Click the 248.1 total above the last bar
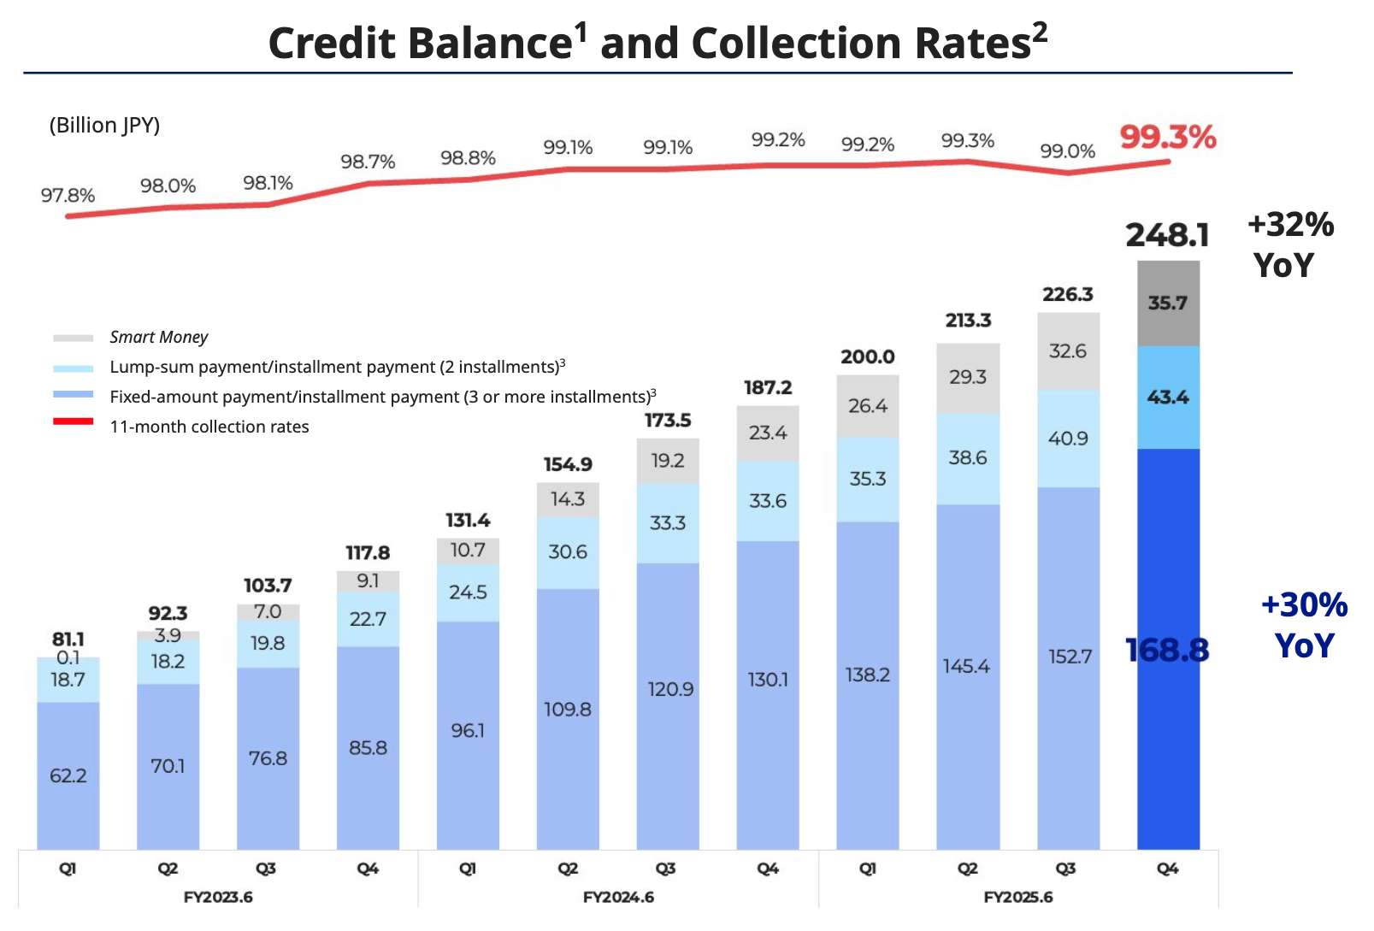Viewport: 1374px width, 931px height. tap(1167, 235)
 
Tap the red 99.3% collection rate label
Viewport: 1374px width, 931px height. tap(1167, 137)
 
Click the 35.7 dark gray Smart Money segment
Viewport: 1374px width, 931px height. tap(1168, 303)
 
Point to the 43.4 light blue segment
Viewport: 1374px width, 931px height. tap(1168, 398)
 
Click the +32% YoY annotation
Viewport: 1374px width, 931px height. tap(1290, 245)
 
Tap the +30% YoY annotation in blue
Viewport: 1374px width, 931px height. tap(1304, 625)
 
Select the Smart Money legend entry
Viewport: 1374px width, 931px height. tap(158, 338)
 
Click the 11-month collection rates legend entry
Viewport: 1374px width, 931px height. tap(209, 427)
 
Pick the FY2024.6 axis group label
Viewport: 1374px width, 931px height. tap(618, 897)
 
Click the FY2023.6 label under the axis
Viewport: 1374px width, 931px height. tap(218, 897)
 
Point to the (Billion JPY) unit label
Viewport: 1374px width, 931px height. tap(104, 125)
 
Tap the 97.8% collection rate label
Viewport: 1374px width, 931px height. tap(68, 195)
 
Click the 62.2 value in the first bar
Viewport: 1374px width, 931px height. tap(68, 775)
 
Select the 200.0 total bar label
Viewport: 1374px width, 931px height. tap(867, 356)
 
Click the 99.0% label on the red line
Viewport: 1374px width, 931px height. tap(1067, 151)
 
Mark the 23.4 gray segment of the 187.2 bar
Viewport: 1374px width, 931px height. tap(768, 433)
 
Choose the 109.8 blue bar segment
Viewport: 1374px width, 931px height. tap(568, 709)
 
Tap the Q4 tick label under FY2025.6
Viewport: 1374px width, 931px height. tap(1167, 869)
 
